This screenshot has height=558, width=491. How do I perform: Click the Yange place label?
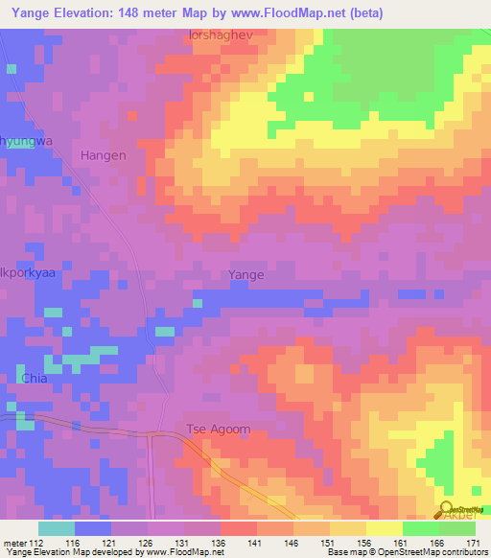point(246,275)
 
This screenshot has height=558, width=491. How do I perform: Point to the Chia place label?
point(33,379)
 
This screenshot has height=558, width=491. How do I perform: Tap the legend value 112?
point(37,543)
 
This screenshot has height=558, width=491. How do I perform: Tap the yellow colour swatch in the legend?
point(384,527)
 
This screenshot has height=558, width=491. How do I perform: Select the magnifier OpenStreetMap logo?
point(447,508)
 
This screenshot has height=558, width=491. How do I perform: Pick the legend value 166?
point(438,543)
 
